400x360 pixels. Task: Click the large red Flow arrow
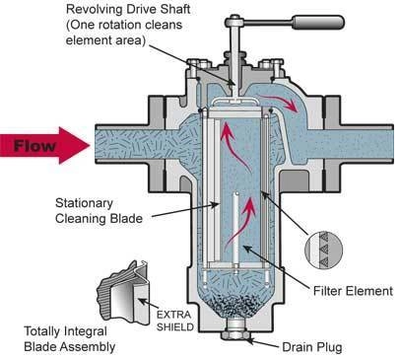(x=45, y=145)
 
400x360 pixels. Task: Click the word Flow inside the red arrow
(x=34, y=146)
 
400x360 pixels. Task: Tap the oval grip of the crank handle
(x=318, y=23)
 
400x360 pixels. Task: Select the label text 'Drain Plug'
(x=312, y=347)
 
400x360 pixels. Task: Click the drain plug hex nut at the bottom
(x=233, y=335)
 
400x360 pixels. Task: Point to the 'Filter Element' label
(x=353, y=291)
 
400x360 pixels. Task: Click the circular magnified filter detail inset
(x=323, y=250)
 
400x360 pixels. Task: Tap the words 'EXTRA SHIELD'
(x=174, y=321)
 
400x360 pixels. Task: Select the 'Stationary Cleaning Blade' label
(x=99, y=211)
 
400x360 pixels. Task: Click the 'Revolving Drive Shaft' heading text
(x=128, y=9)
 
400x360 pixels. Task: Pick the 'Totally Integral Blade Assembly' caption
(x=70, y=339)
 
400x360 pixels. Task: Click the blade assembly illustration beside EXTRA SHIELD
(x=124, y=292)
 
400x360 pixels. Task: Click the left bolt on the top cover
(x=197, y=63)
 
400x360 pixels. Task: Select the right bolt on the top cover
(x=274, y=63)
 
